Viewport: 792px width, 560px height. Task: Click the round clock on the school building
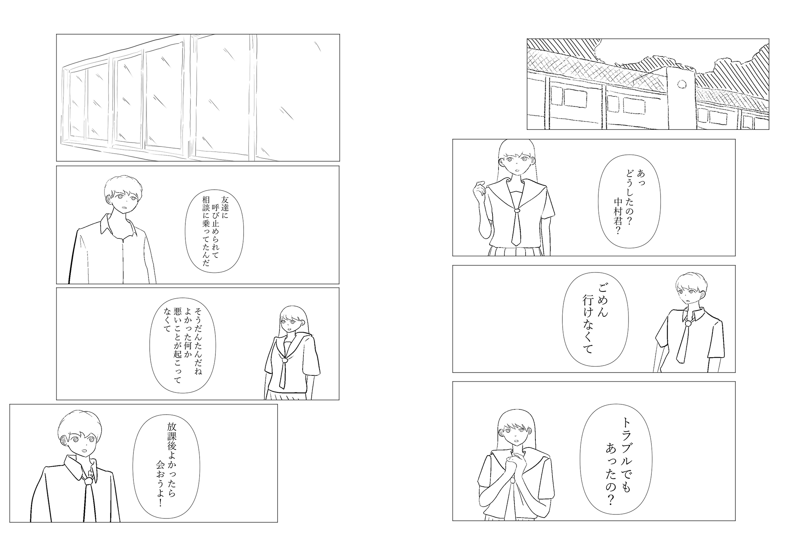point(682,84)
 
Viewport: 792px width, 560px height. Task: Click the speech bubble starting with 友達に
point(215,230)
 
